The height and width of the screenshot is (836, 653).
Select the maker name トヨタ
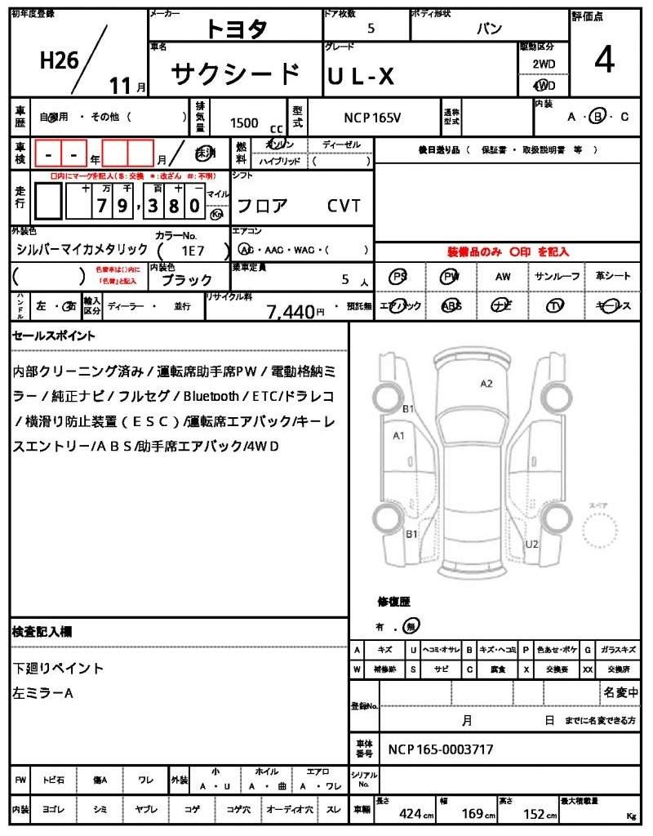point(236,29)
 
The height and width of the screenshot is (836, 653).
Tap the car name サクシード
point(235,74)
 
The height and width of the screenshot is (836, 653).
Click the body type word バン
point(489,29)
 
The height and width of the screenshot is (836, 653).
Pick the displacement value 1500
point(244,122)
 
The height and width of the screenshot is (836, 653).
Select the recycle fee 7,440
point(291,311)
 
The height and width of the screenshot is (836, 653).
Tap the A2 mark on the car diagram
point(486,383)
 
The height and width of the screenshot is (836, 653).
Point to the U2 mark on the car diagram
point(531,543)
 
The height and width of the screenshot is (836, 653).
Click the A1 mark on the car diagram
point(399,435)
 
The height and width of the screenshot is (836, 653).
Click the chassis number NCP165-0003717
point(440,749)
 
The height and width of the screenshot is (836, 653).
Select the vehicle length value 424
point(411,813)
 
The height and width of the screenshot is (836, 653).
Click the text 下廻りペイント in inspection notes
point(58,668)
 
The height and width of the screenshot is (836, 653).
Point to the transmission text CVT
point(344,206)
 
